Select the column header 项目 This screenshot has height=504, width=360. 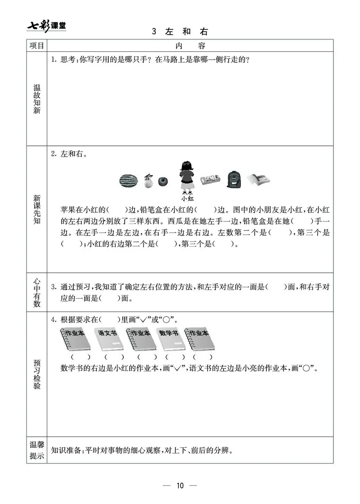[x=37, y=45]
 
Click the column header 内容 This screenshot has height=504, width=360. [x=190, y=45]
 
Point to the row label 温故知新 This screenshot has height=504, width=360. [x=37, y=99]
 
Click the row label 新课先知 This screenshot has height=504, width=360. [x=37, y=210]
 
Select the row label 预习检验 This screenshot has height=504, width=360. [x=37, y=374]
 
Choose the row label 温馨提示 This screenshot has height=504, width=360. [x=37, y=450]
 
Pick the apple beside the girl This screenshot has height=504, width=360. [x=163, y=181]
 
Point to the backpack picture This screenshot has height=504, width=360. [x=234, y=180]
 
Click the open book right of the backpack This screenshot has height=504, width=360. [x=259, y=180]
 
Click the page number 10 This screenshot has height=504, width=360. [x=180, y=485]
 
